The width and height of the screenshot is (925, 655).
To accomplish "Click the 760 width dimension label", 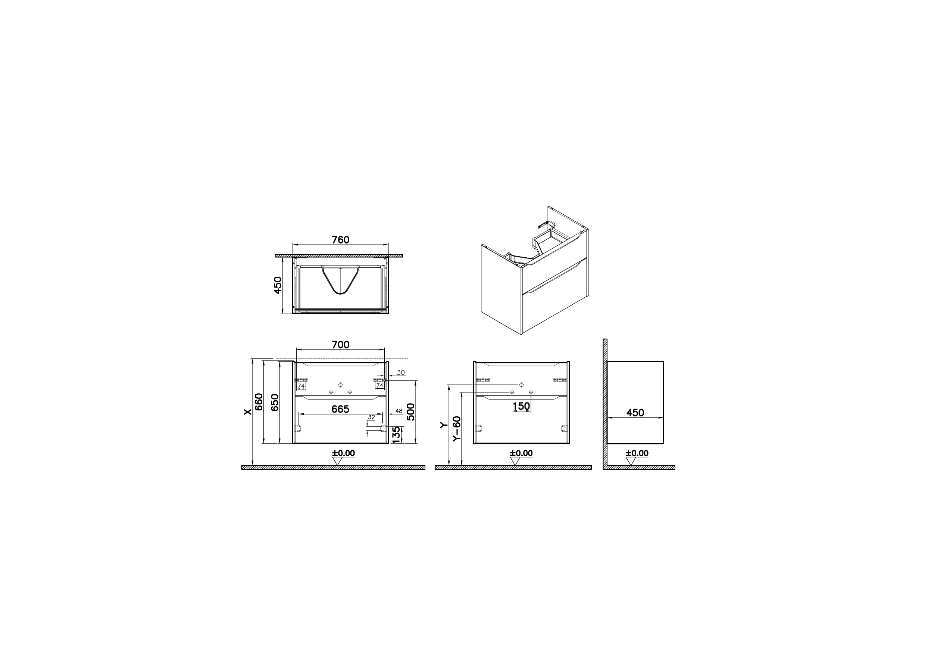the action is pyautogui.click(x=340, y=240).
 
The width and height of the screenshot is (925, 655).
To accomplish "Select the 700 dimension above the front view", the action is pyautogui.click(x=340, y=345).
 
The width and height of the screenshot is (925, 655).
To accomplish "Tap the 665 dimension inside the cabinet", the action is pyautogui.click(x=340, y=409).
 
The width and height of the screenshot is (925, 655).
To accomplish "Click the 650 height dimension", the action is pyautogui.click(x=275, y=402).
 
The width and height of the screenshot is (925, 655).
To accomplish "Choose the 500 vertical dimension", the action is pyautogui.click(x=410, y=412).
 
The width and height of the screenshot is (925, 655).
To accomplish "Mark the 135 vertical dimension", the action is pyautogui.click(x=397, y=435).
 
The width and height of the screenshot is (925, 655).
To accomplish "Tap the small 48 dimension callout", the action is pyautogui.click(x=399, y=411).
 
